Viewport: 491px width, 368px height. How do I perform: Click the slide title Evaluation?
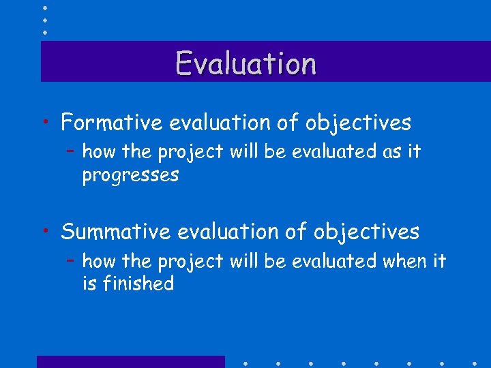point(246,63)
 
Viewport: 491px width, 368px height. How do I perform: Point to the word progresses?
point(130,175)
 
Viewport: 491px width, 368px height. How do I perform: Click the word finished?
point(138,283)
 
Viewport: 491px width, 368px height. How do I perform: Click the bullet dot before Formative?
point(44,123)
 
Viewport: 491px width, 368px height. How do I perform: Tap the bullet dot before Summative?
point(44,232)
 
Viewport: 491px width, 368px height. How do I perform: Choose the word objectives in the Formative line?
point(358,123)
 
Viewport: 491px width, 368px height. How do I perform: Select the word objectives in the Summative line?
point(366,232)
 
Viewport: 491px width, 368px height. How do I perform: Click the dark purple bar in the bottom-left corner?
point(130,362)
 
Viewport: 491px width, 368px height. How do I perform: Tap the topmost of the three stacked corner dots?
point(44,7)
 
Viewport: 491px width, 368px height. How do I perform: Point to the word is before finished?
point(89,283)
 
